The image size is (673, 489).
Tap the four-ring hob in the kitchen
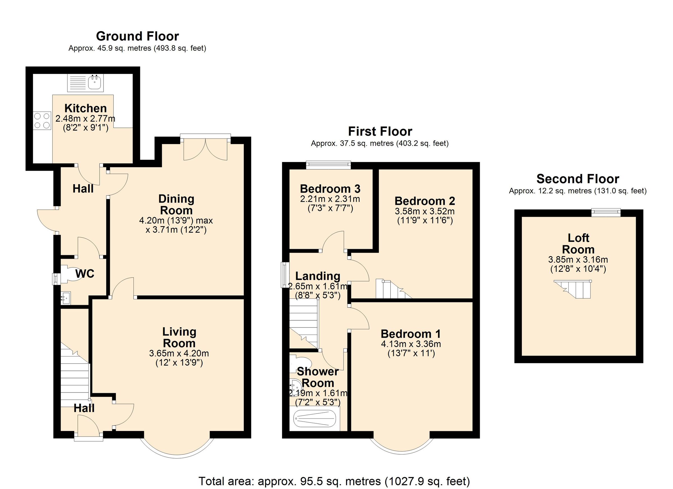(42, 121)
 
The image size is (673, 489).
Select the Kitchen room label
(86, 108)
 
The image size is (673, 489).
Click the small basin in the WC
(65, 297)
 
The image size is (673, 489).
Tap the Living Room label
(179, 337)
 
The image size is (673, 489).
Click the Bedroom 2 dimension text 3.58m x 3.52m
(425, 212)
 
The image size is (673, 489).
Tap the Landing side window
(284, 275)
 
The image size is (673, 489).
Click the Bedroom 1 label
(411, 334)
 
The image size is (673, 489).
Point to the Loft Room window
(606, 212)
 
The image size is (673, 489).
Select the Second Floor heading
(577, 179)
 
